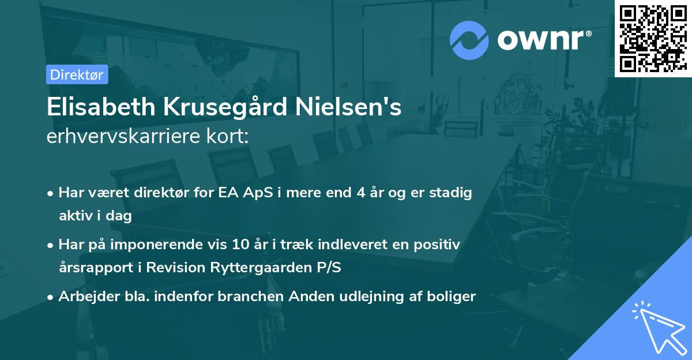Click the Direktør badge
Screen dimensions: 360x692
[x=77, y=74]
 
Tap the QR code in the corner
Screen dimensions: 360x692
[x=653, y=38]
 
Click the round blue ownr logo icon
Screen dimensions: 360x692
[x=469, y=40]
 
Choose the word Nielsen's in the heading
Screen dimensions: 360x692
[x=355, y=108]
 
